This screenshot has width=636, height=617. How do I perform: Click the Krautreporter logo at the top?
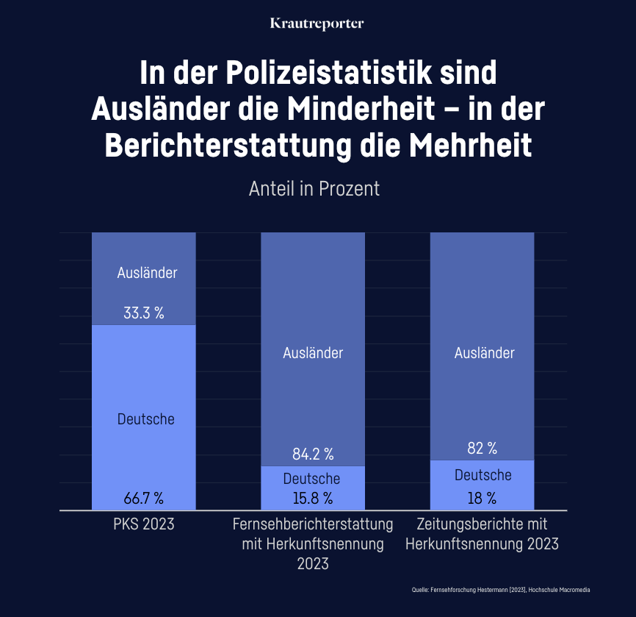pos(317,24)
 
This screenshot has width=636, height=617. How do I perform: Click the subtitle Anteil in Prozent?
pos(314,188)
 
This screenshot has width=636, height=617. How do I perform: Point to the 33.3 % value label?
pos(144,313)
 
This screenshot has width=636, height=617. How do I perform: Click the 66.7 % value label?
pos(144,498)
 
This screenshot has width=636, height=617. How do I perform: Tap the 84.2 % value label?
pos(314,453)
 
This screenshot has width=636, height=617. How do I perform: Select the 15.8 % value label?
pos(313,498)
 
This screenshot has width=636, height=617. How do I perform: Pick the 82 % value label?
pos(483,448)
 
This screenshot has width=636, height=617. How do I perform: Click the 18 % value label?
pos(483,498)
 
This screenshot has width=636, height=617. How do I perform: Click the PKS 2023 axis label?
pos(144,525)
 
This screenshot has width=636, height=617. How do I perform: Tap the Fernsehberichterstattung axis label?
pos(313,525)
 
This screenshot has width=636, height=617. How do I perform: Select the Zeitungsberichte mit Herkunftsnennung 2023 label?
pos(482,535)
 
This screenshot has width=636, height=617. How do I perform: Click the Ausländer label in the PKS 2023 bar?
pos(147,273)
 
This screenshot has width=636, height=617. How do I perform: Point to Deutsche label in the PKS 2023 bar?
pos(146,419)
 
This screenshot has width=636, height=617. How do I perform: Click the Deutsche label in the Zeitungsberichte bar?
pos(483,475)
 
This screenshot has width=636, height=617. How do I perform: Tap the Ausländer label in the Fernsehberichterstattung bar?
pos(313,353)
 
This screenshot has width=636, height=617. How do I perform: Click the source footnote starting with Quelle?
pos(501,590)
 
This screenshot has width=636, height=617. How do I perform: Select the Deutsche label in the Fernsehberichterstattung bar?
pos(312,479)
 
